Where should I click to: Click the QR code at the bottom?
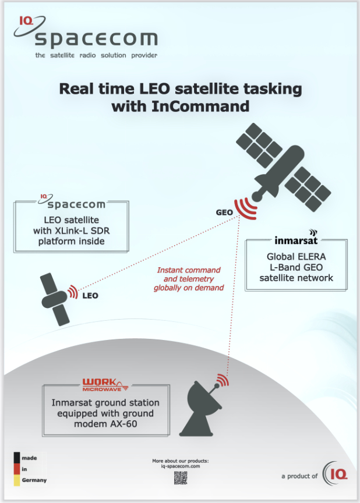[x=181, y=478]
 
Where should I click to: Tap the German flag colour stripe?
[x=17, y=469]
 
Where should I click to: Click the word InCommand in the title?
[x=200, y=106]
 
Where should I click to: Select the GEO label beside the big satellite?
[x=224, y=212]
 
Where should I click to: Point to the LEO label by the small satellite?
[x=90, y=295]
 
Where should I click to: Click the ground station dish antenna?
[x=200, y=408]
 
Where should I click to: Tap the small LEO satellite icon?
[x=55, y=299]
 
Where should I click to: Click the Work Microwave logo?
[x=105, y=385]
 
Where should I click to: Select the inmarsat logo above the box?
[x=296, y=238]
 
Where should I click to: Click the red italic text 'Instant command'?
[x=189, y=270]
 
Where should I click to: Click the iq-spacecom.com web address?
[x=181, y=466]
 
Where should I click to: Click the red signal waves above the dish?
[x=223, y=380]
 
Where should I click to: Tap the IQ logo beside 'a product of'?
[x=335, y=474]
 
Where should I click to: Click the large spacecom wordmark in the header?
[x=96, y=40]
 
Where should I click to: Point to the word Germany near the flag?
[x=34, y=480]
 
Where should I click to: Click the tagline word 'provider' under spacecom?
[x=144, y=55]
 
